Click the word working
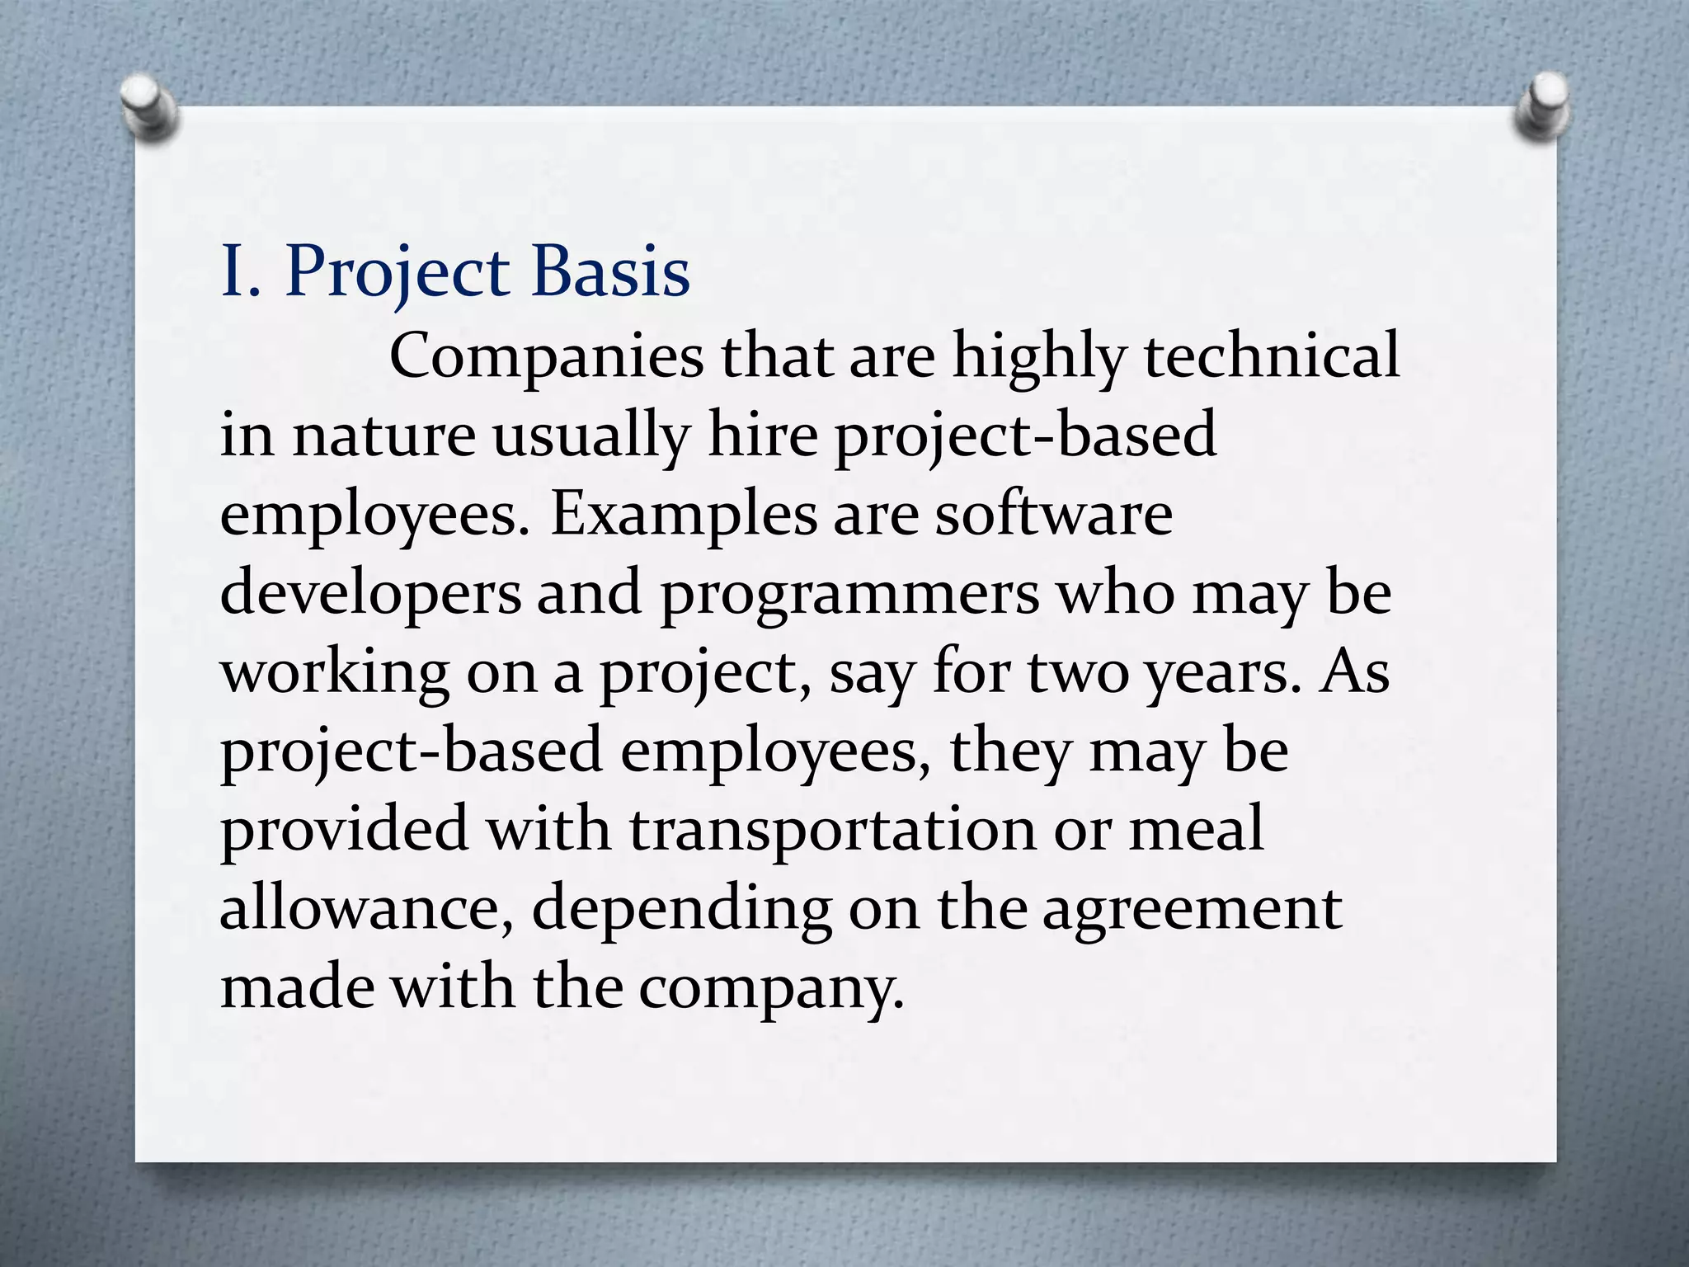(x=334, y=673)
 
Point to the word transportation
(x=832, y=830)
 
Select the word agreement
(x=1192, y=910)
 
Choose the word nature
(x=383, y=436)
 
